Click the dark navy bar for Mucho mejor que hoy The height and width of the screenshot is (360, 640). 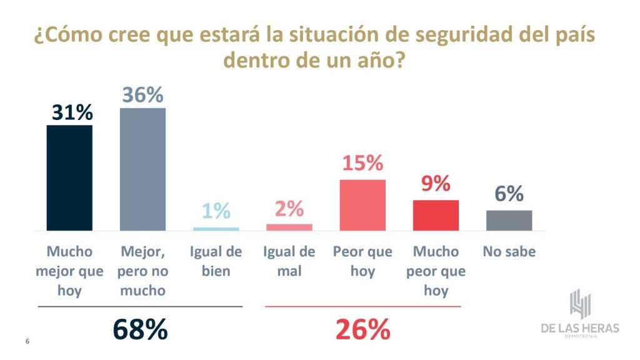[x=69, y=178]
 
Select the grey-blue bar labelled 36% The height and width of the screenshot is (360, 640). [x=142, y=169]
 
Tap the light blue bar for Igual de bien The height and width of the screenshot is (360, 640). [x=216, y=229]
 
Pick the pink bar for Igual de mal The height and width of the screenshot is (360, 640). [x=289, y=227]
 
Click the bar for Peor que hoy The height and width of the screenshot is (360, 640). [x=362, y=205]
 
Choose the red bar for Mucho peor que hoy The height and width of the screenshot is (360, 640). [x=436, y=216]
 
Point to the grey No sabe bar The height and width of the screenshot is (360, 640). [x=509, y=221]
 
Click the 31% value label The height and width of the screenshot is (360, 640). [x=69, y=112]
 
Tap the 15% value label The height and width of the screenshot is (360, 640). [x=362, y=164]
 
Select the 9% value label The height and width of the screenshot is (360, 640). [x=436, y=184]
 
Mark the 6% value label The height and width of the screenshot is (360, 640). [x=509, y=194]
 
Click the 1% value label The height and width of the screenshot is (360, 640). [x=216, y=211]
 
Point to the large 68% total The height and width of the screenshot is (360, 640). [x=140, y=329]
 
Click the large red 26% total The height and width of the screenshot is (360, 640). [x=362, y=329]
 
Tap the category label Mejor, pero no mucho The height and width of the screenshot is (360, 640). [x=142, y=271]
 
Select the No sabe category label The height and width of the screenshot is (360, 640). [x=509, y=252]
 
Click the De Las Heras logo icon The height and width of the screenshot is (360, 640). [x=580, y=304]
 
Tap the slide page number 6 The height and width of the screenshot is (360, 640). [x=27, y=341]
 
